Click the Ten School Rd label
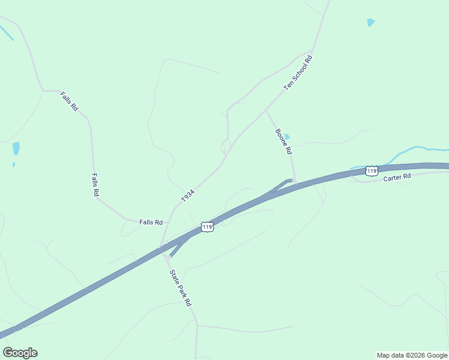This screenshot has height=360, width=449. tap(299, 73)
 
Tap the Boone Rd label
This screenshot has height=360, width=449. tap(283, 141)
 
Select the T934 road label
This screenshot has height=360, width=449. tap(188, 196)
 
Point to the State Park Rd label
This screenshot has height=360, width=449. tap(179, 287)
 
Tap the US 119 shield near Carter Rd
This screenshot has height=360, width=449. tap(372, 172)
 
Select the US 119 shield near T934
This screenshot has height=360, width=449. tap(207, 227)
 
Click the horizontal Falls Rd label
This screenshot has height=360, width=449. tap(151, 222)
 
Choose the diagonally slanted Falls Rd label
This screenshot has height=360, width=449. tap(69, 101)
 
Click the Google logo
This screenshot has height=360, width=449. tap(20, 353)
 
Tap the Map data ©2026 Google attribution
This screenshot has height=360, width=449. tap(412, 355)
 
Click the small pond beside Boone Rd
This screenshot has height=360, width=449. tap(286, 137)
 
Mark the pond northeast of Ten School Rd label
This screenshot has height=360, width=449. tap(371, 23)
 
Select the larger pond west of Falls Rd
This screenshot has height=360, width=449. tap(16, 148)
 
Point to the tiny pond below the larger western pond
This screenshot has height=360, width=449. tap(14, 164)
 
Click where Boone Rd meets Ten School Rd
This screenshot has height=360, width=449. tap(266, 110)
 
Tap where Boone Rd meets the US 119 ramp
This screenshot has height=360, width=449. tap(294, 180)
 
